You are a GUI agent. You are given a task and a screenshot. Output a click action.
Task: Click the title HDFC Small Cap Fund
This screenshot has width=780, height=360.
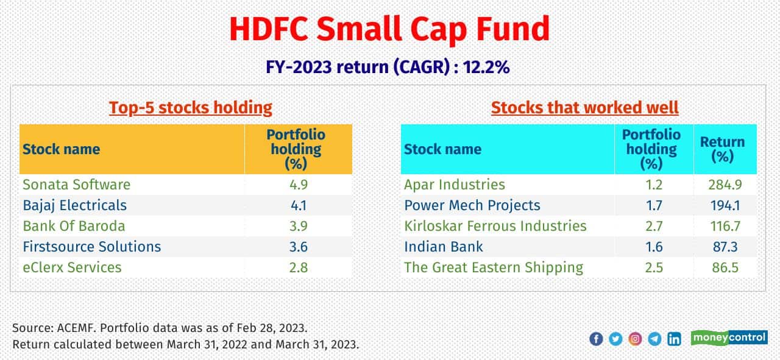[x=389, y=29]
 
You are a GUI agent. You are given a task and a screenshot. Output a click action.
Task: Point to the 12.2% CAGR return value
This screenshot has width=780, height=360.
[x=486, y=67]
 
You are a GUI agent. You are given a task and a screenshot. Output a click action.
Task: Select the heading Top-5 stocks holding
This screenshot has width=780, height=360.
[x=191, y=108]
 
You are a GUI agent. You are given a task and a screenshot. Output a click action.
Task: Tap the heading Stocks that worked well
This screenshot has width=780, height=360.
[x=584, y=108]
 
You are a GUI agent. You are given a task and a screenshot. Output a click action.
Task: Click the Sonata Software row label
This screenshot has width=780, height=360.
[x=76, y=184]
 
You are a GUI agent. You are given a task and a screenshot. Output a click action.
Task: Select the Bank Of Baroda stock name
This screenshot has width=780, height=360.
[x=74, y=226]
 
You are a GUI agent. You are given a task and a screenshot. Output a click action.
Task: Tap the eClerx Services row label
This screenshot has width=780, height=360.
[x=72, y=267]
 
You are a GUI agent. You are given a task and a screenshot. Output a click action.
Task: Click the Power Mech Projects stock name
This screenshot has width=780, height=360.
[x=472, y=205]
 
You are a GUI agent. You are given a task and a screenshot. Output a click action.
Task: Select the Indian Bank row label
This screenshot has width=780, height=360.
[x=444, y=247]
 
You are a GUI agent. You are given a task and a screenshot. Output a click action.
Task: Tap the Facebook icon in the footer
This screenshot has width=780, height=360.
[x=596, y=339]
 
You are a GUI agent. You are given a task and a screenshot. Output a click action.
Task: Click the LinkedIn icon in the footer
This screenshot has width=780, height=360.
[x=674, y=339]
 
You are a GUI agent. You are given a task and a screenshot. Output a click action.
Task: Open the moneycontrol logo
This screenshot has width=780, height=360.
[x=729, y=337]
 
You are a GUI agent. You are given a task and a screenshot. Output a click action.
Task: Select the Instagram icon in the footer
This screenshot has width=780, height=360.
[x=635, y=339]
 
